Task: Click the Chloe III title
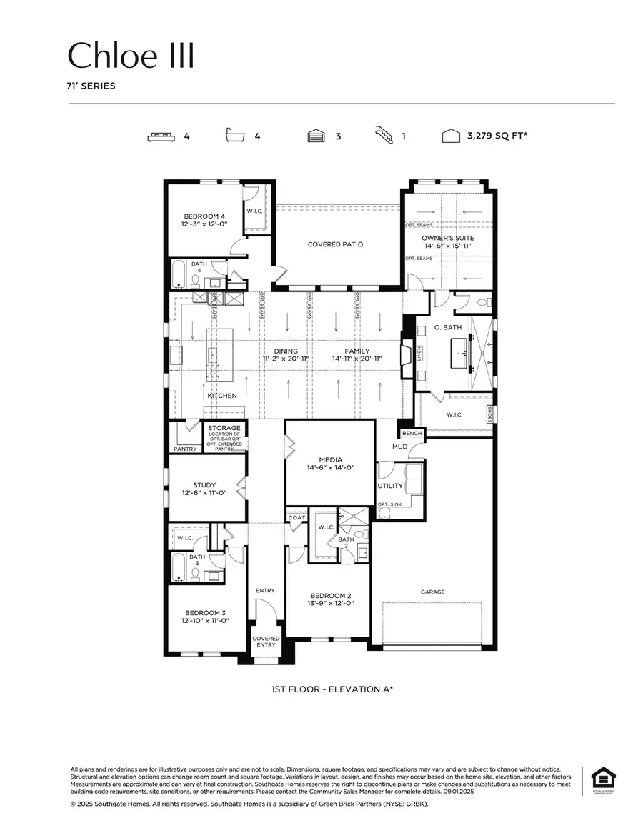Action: pyautogui.click(x=131, y=56)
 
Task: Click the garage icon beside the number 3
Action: pyautogui.click(x=316, y=136)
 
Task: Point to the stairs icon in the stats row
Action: pyautogui.click(x=384, y=135)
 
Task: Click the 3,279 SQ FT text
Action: pyautogui.click(x=497, y=136)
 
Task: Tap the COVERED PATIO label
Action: pyautogui.click(x=335, y=244)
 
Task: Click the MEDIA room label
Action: pyautogui.click(x=330, y=459)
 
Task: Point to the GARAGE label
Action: pyautogui.click(x=432, y=592)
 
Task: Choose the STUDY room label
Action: pyautogui.click(x=204, y=485)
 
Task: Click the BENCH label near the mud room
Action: pyautogui.click(x=412, y=433)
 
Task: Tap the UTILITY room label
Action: pyautogui.click(x=390, y=486)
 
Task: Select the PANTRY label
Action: pyautogui.click(x=184, y=449)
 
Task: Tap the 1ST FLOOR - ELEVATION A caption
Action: pyautogui.click(x=332, y=689)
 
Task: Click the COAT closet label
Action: pyautogui.click(x=296, y=517)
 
